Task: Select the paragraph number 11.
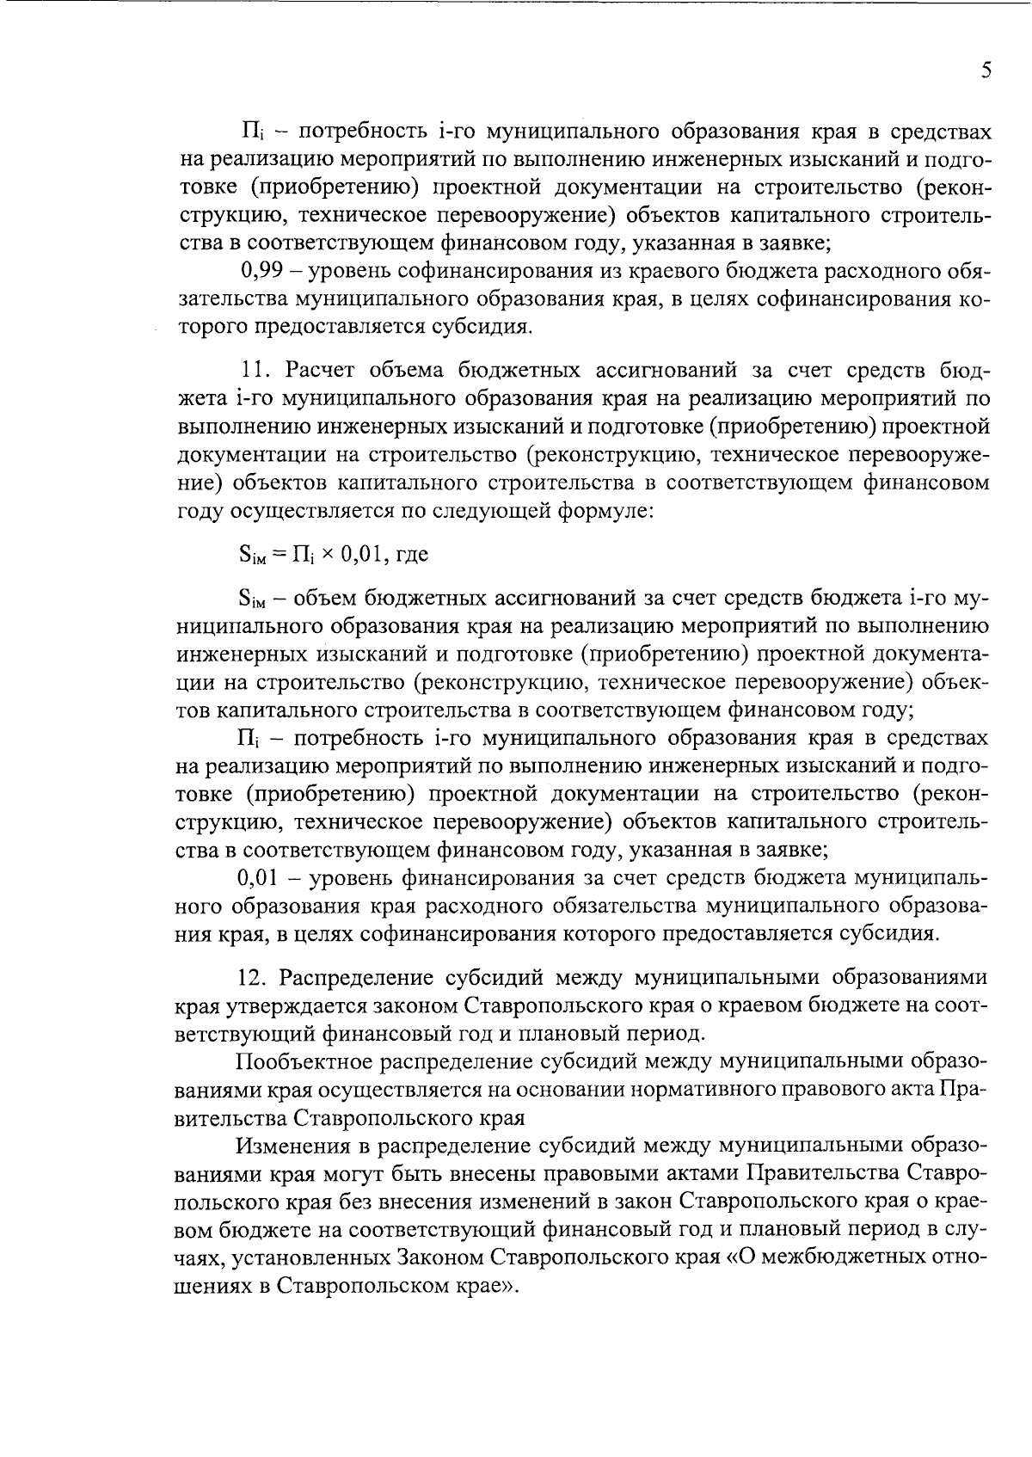pyautogui.click(x=255, y=371)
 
